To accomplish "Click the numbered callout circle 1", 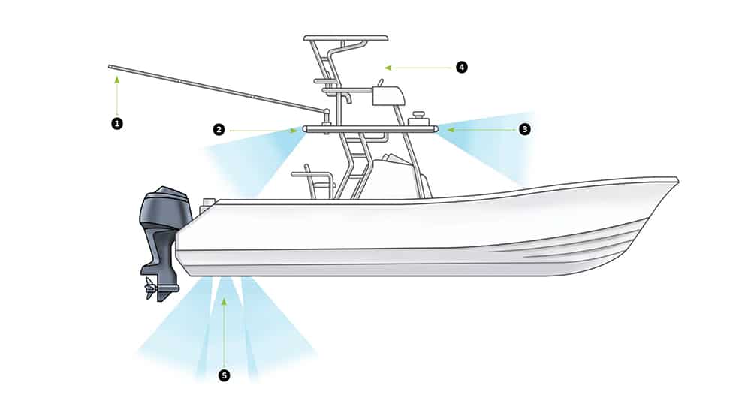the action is [x=117, y=124].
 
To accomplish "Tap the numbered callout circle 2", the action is [x=219, y=129].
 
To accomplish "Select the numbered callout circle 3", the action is [x=525, y=129].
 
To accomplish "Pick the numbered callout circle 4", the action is [x=461, y=67].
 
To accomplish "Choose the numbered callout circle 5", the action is [x=224, y=375].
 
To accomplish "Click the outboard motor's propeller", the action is [x=151, y=288].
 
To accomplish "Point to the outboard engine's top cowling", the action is [x=164, y=206].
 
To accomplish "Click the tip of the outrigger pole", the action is [x=110, y=67].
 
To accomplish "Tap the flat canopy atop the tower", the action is [x=345, y=38].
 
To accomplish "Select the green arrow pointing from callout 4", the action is [x=418, y=68].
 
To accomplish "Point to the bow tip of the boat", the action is [x=677, y=179].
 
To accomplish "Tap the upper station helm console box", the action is [x=388, y=96].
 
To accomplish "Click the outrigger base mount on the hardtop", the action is [x=327, y=116].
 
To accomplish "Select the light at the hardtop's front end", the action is [x=436, y=129].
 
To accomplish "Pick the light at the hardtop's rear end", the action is [x=306, y=129].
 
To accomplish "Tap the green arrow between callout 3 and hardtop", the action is [x=481, y=130].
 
